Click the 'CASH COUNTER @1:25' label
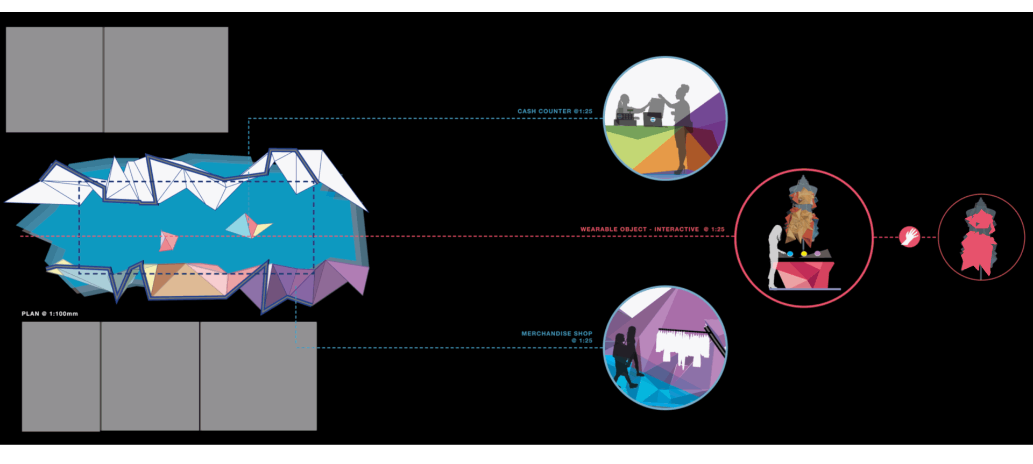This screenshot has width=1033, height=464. pyautogui.click(x=555, y=111)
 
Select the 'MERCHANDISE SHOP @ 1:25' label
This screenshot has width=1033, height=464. pyautogui.click(x=557, y=337)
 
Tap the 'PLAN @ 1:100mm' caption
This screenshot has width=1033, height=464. pyautogui.click(x=49, y=313)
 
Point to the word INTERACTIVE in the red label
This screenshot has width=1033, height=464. pyautogui.click(x=676, y=229)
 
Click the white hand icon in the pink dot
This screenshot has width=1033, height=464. pyautogui.click(x=910, y=237)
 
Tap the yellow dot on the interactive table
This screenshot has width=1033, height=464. pyautogui.click(x=804, y=254)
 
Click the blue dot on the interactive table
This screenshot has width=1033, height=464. pyautogui.click(x=790, y=254)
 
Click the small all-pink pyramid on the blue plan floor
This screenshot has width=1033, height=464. pyautogui.click(x=168, y=241)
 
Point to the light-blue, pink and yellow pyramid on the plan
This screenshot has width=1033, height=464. pyautogui.click(x=247, y=226)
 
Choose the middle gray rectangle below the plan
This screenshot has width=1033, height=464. pyautogui.click(x=150, y=376)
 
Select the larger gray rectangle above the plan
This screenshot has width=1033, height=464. pyautogui.click(x=166, y=80)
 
